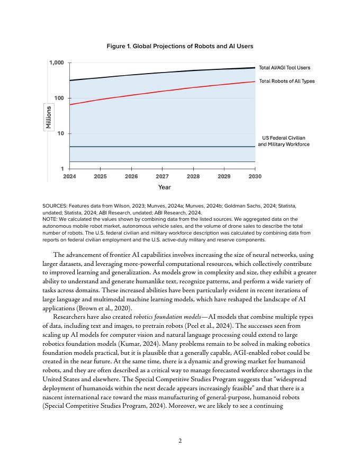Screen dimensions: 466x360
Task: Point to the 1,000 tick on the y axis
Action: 57,63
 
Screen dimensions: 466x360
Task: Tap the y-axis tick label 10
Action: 61,133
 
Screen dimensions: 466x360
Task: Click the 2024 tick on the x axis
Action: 69,176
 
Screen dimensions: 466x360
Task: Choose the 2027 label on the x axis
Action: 163,176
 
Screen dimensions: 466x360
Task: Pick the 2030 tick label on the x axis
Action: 255,176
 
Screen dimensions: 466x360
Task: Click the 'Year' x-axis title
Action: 164,187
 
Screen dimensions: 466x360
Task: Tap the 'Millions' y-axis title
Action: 49,118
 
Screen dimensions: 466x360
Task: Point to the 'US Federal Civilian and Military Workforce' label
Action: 284,141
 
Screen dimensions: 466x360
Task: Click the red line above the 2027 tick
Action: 163,91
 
